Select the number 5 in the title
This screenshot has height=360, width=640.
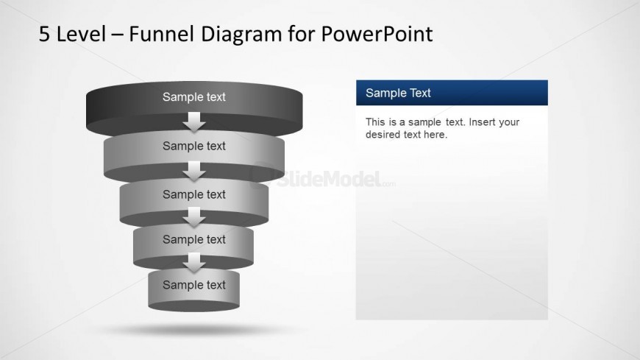click(x=45, y=34)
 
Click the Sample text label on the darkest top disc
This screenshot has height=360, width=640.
click(x=194, y=96)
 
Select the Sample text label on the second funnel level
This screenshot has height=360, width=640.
click(x=194, y=146)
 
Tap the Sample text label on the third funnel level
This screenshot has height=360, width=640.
click(x=194, y=194)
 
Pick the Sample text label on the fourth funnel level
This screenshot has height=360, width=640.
click(x=194, y=239)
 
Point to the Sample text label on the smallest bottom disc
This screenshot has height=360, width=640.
click(x=194, y=285)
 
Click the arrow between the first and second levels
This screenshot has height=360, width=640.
click(x=194, y=121)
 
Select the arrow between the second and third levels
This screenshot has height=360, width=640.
click(x=194, y=171)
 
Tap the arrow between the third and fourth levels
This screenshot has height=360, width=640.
click(x=194, y=217)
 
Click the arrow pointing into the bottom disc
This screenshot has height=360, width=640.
click(x=194, y=262)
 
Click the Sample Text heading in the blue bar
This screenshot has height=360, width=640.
click(x=398, y=93)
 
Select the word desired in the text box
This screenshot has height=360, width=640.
click(x=383, y=135)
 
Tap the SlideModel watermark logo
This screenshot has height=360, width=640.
click(x=324, y=177)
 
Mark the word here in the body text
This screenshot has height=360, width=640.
click(x=435, y=135)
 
